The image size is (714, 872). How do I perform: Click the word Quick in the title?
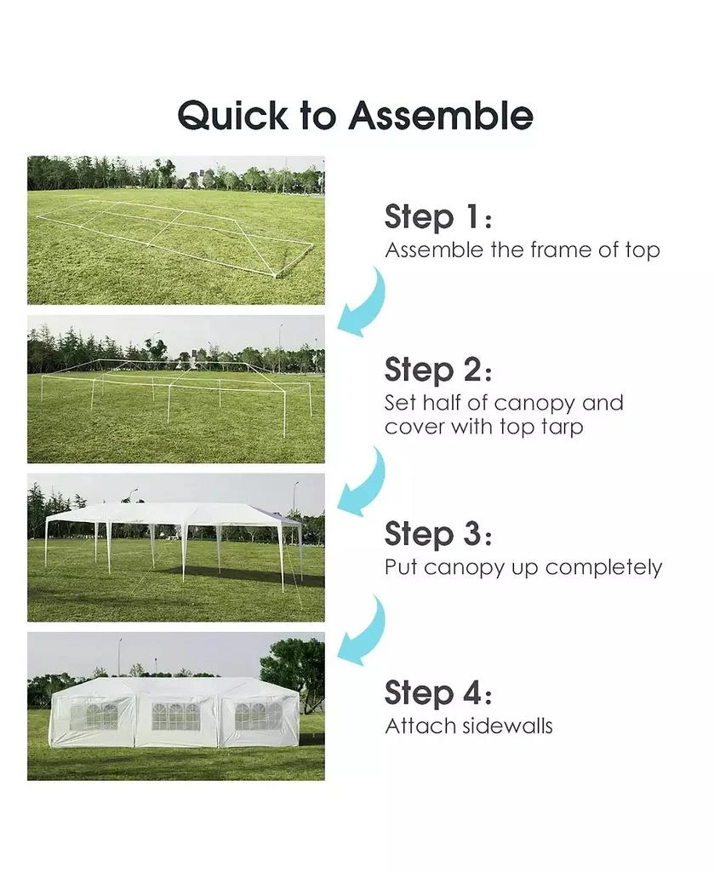click(x=233, y=115)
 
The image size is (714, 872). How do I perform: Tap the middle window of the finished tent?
click(x=176, y=716)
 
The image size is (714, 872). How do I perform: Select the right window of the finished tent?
click(x=256, y=715)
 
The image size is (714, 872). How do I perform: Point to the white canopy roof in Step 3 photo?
click(x=170, y=513)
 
